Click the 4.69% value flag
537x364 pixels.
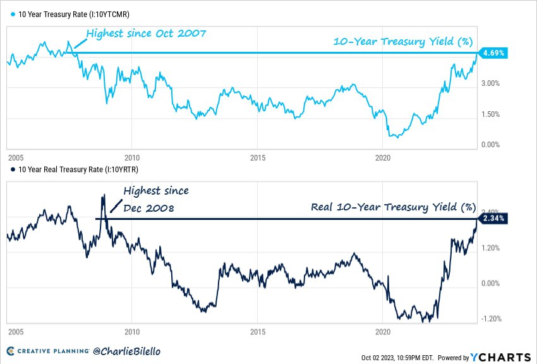[x=493, y=53]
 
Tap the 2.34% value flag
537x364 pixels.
[x=493, y=219]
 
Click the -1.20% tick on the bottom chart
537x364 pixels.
[x=492, y=318]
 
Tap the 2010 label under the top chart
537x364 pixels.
[x=131, y=156]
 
